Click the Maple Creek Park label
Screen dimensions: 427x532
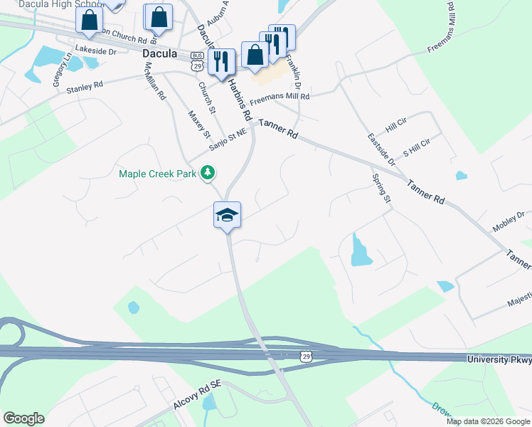(158, 173)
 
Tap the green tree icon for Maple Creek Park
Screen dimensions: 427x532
(208, 172)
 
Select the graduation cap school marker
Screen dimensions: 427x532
(228, 215)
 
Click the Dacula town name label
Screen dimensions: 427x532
(159, 53)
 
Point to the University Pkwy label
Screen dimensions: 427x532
(499, 361)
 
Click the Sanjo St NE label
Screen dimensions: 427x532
(228, 140)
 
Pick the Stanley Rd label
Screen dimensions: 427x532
(85, 88)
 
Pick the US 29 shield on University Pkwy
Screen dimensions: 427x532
(304, 356)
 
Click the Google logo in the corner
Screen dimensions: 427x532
(23, 418)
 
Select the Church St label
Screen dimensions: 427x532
(206, 97)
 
